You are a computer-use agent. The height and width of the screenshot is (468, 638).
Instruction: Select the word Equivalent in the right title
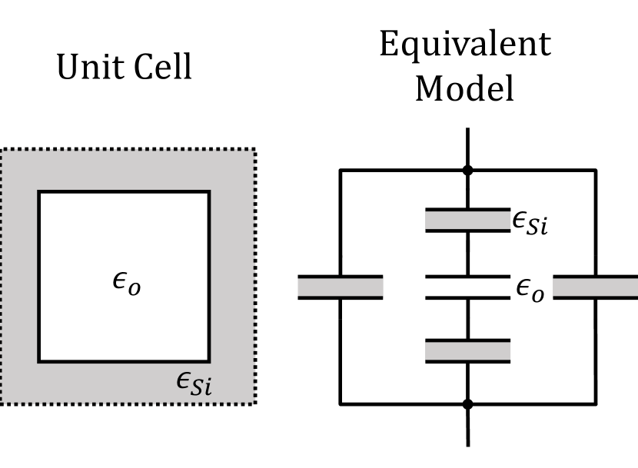click(x=464, y=44)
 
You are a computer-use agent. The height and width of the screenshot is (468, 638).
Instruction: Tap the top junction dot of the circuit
click(x=467, y=170)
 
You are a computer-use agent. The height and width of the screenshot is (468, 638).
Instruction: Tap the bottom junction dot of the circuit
click(x=467, y=403)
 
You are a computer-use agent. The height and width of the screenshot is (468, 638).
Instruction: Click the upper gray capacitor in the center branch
click(x=467, y=220)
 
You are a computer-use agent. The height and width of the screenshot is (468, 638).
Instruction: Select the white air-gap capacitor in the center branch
click(x=467, y=287)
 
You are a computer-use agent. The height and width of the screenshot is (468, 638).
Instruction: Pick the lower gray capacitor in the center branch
click(x=467, y=351)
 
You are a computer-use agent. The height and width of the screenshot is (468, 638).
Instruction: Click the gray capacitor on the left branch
click(x=341, y=287)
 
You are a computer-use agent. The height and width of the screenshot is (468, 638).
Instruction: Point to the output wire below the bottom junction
click(x=467, y=426)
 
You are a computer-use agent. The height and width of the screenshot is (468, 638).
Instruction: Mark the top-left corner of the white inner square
click(x=39, y=192)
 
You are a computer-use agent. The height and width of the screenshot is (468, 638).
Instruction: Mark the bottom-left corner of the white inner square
click(x=39, y=360)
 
